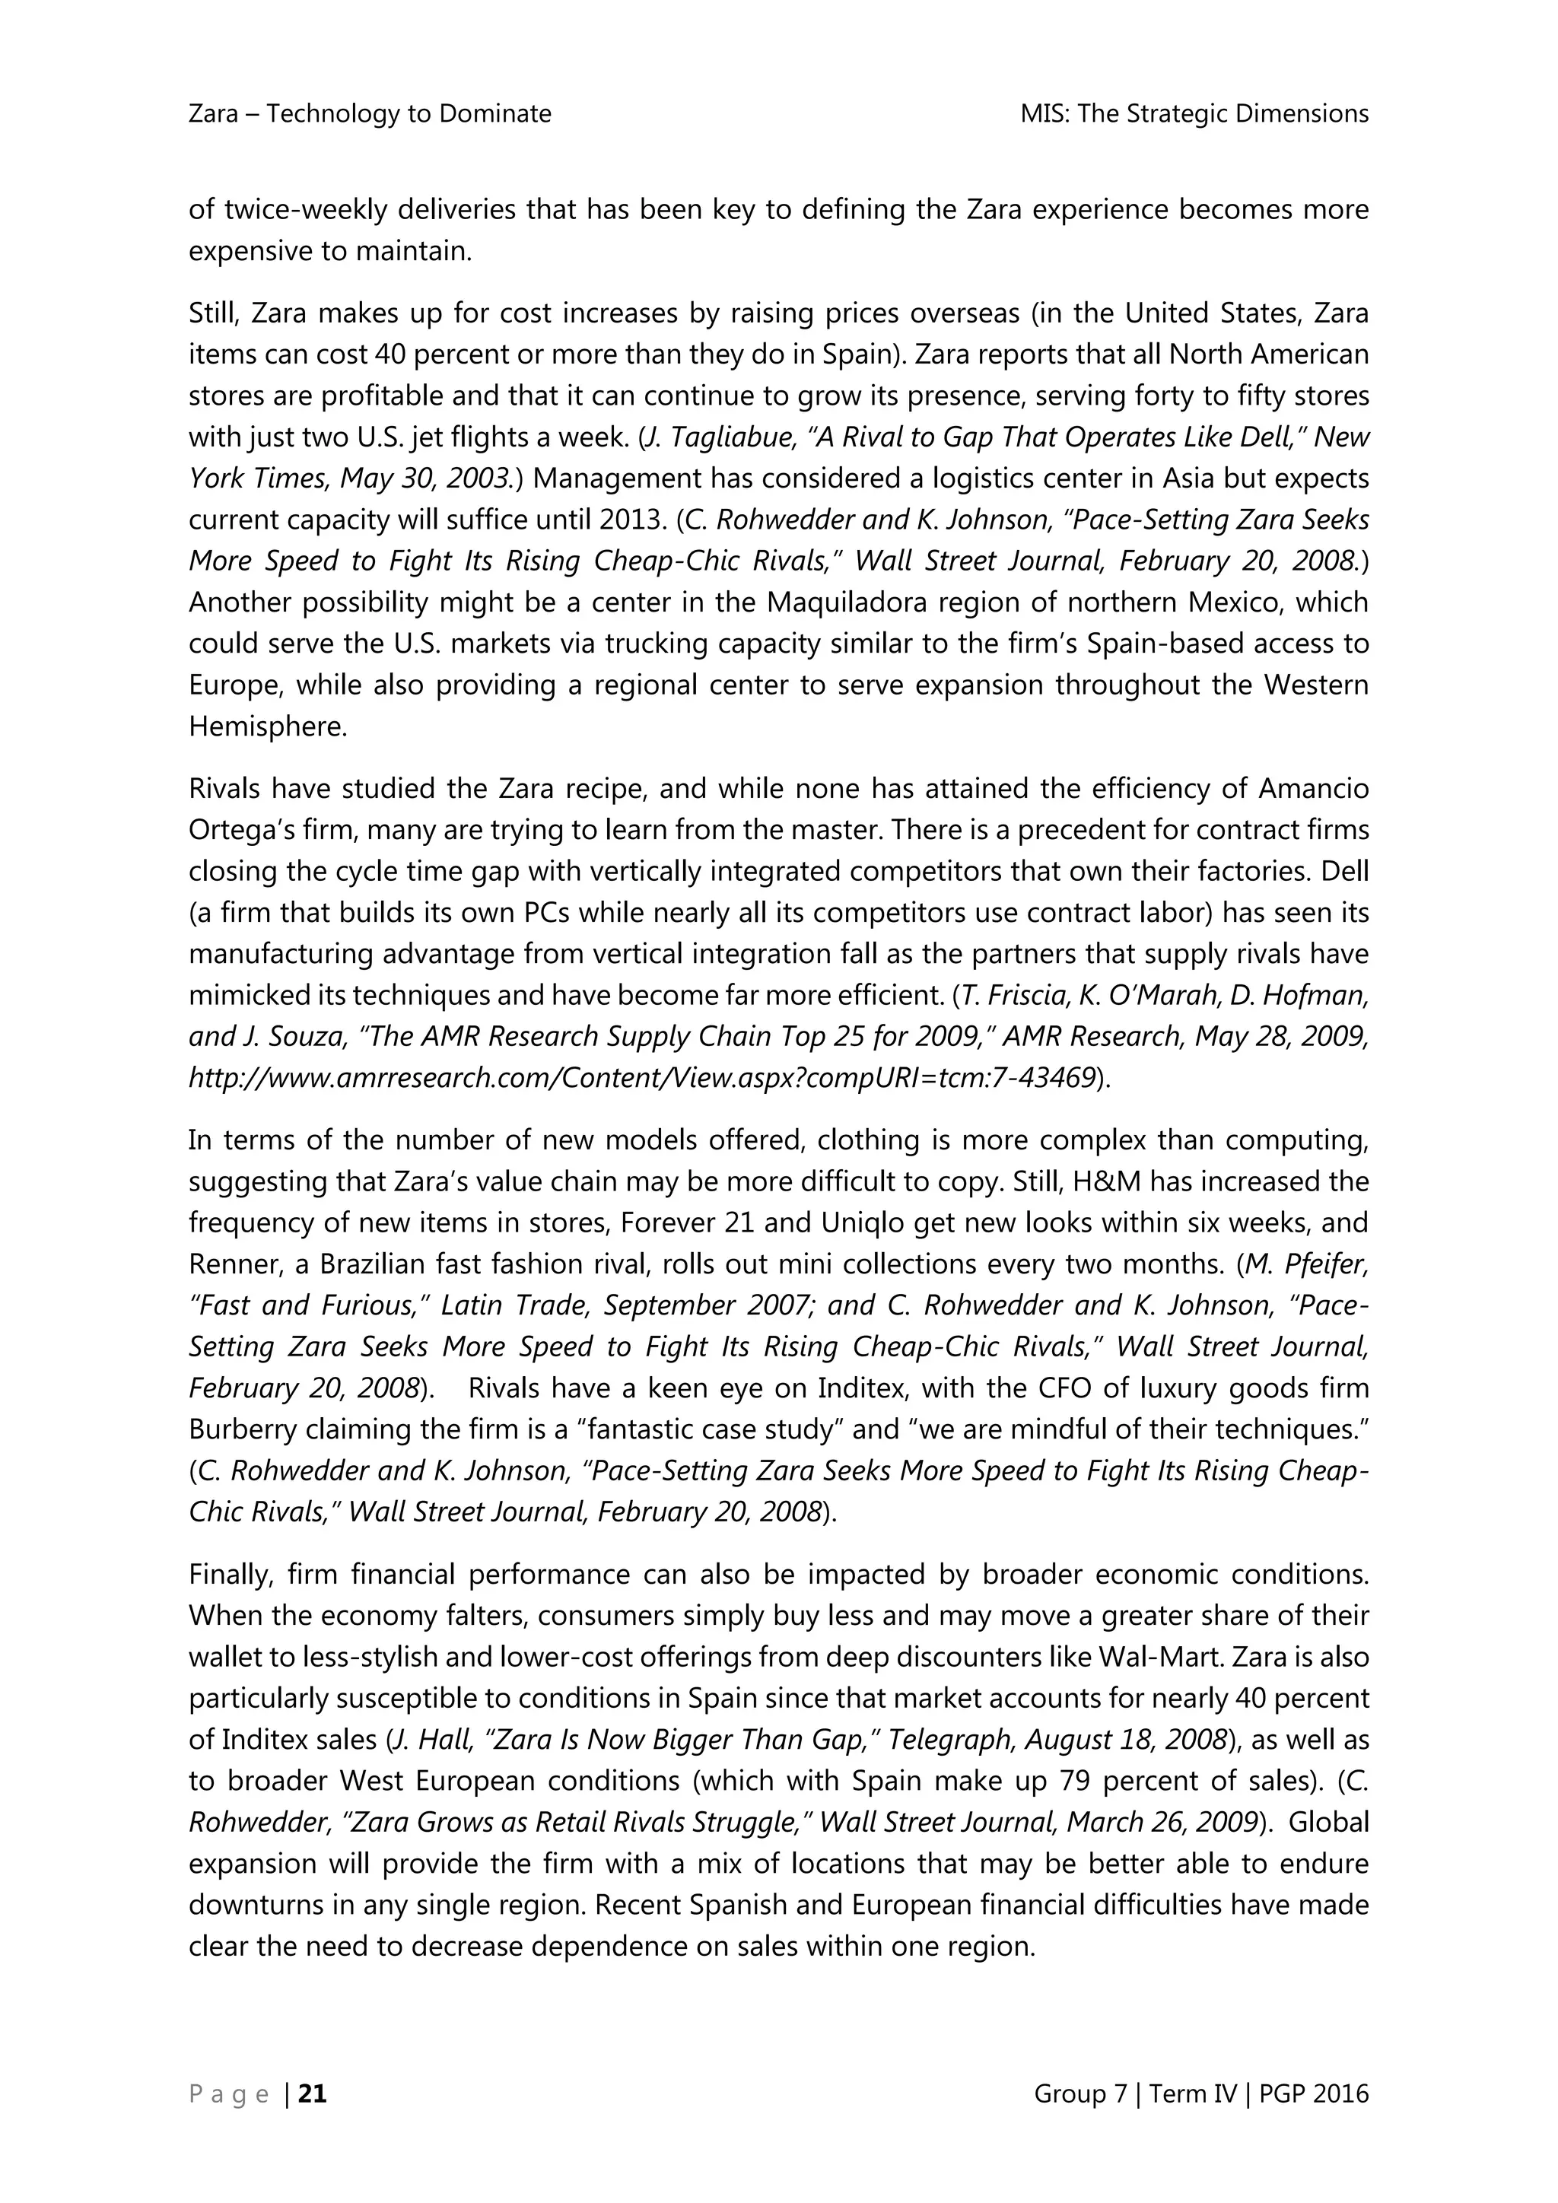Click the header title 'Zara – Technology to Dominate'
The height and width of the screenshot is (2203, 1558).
(x=370, y=114)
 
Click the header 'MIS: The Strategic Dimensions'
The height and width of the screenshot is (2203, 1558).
(x=1194, y=114)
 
